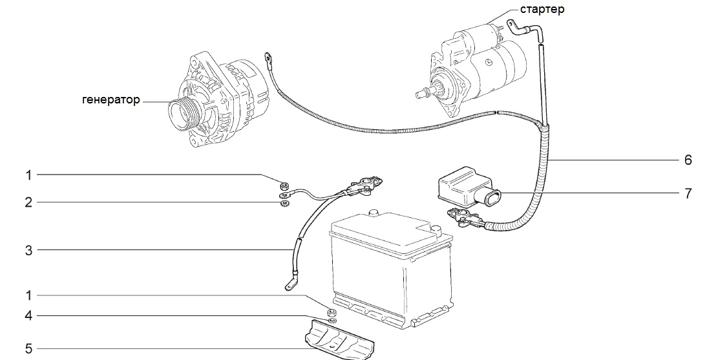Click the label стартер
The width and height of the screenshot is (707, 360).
pos(542,9)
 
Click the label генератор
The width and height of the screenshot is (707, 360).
pos(111,100)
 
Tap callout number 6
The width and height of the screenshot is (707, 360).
pos(688,160)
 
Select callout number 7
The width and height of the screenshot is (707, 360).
pos(688,193)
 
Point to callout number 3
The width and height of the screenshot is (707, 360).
pos(28,250)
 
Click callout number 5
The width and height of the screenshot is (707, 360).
pos(28,349)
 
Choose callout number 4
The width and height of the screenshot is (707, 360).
pos(28,316)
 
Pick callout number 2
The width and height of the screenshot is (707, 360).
pos(28,202)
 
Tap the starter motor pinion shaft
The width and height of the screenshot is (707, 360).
pos(425,93)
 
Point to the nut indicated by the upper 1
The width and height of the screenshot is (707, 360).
pos(284,185)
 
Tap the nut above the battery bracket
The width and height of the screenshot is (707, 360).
pos(332,312)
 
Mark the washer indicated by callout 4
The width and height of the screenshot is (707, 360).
pos(332,321)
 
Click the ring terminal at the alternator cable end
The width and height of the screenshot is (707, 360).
pos(268,58)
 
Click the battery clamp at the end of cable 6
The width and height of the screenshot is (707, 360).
pos(461,216)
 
